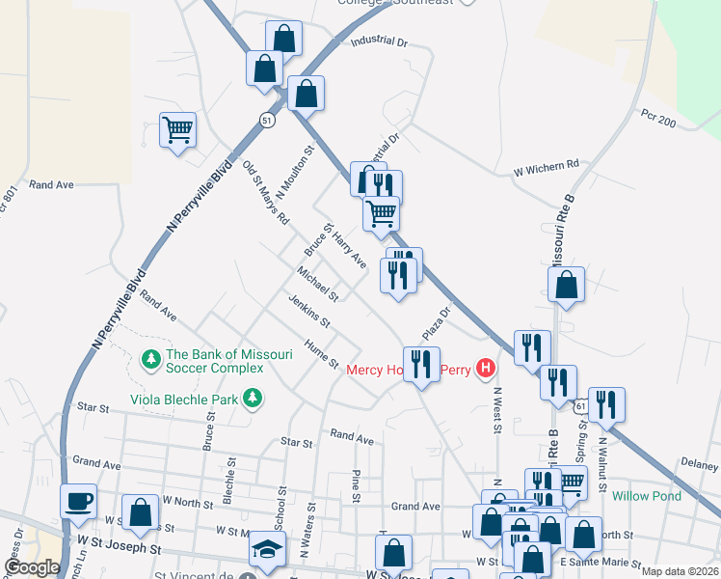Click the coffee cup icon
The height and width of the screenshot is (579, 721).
click(78, 502)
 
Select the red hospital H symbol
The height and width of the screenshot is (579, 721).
click(487, 368)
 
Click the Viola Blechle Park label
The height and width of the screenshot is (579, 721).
click(188, 398)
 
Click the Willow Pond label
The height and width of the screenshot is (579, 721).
click(646, 496)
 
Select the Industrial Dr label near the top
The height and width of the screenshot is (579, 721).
click(380, 42)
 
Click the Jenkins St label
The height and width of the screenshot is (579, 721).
click(309, 310)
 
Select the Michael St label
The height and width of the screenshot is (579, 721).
click(317, 285)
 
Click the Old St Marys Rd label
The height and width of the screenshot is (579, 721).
click(266, 193)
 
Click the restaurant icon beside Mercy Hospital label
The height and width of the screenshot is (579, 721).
click(420, 364)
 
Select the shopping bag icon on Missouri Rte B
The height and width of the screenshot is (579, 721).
click(567, 285)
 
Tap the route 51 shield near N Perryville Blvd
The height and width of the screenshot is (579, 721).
click(267, 120)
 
